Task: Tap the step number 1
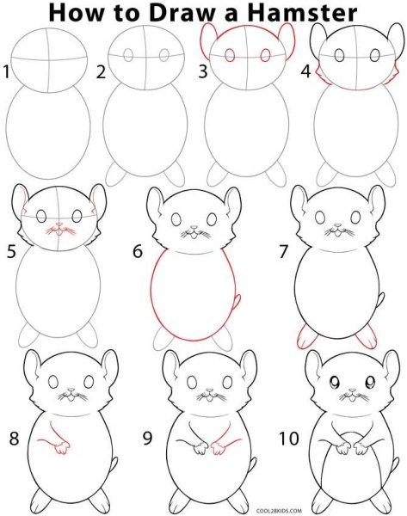coord(8,72)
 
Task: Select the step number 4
coord(305,72)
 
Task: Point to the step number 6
coord(137,253)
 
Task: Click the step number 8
coord(14,439)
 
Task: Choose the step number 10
coord(288,439)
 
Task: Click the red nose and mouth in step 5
coord(59,230)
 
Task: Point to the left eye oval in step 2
coord(127,54)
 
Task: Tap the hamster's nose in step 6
coord(194,230)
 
